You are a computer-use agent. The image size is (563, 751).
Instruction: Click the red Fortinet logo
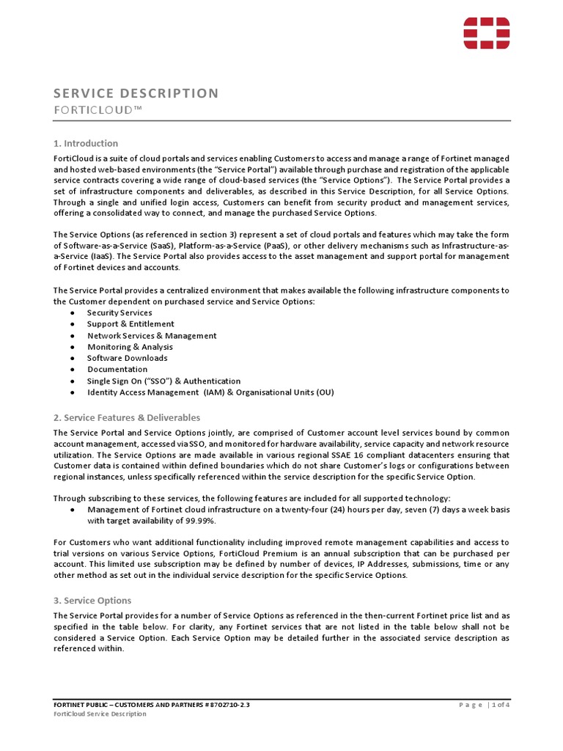tap(486, 34)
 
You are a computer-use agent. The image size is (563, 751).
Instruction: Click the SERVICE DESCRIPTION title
tap(136, 93)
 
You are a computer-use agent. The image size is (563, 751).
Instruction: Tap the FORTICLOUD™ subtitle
tap(97, 109)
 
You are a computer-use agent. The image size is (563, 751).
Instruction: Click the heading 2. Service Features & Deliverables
tap(126, 417)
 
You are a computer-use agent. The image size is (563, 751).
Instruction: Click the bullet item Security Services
tap(119, 312)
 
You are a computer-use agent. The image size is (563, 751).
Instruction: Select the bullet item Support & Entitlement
tap(130, 323)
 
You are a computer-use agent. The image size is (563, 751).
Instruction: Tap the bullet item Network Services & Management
tap(152, 335)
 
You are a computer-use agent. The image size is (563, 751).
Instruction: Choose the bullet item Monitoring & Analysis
tap(130, 347)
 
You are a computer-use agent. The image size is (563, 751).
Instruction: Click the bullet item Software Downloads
tap(127, 358)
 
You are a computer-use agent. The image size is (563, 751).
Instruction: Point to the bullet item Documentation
tap(117, 369)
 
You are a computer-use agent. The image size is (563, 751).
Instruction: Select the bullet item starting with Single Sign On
tap(163, 381)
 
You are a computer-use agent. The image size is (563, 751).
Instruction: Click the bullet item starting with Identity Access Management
tap(210, 392)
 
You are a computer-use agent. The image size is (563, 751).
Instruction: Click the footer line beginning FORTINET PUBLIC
tap(155, 704)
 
